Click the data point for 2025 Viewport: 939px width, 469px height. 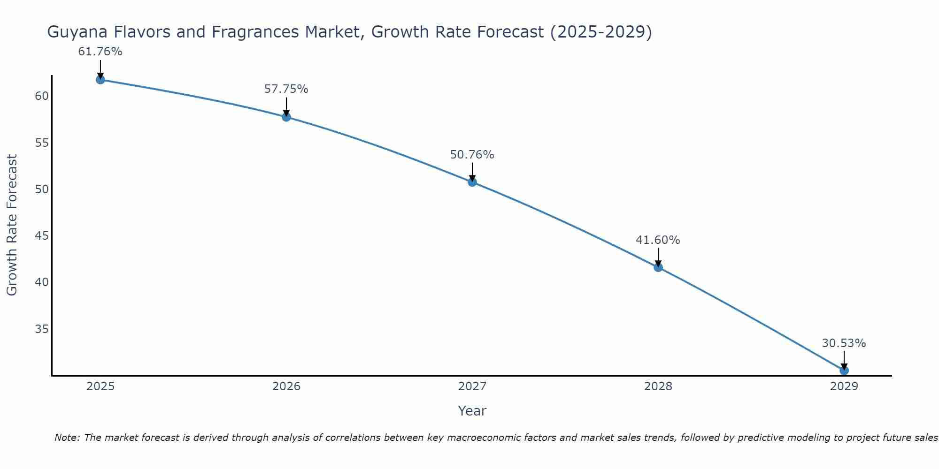[100, 80]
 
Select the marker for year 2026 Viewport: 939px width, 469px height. [286, 117]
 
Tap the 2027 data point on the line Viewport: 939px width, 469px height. [472, 182]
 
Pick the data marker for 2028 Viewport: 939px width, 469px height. [658, 267]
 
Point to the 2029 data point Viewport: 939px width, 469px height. [844, 371]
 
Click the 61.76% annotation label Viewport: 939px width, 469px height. [100, 52]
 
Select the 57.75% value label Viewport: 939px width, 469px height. [286, 89]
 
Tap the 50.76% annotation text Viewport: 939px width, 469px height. [472, 155]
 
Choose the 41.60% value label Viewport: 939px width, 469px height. [658, 240]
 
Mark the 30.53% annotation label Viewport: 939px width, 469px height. [844, 343]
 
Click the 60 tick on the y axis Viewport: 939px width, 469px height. [42, 96]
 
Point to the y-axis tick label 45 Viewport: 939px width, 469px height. [42, 236]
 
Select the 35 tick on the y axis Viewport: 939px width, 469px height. [42, 329]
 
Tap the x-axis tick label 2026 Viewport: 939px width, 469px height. [286, 386]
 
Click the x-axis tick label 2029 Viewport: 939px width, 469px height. [844, 386]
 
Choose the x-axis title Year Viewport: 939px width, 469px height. [472, 411]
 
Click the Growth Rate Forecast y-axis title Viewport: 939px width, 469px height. [12, 225]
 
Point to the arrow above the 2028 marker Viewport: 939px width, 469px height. [658, 257]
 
